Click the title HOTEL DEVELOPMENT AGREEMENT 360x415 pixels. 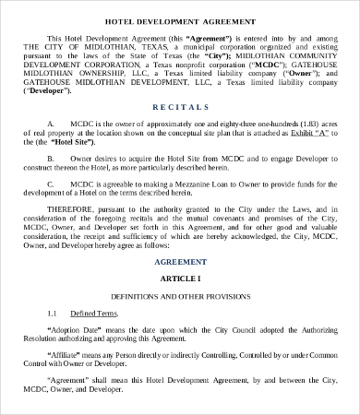coord(180,19)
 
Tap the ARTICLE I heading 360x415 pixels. coord(180,278)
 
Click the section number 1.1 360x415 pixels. coord(53,314)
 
